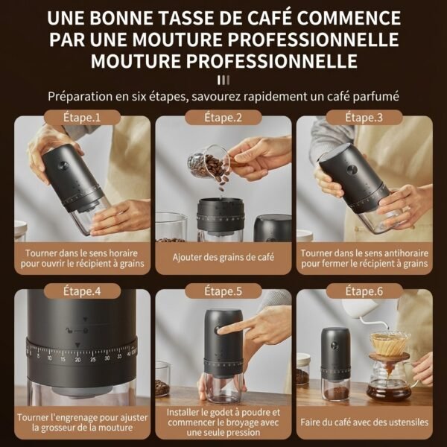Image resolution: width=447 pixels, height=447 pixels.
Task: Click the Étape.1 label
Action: (x=82, y=117)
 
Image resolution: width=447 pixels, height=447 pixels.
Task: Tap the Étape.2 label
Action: (x=223, y=117)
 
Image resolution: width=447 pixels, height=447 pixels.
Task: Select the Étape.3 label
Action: (x=364, y=117)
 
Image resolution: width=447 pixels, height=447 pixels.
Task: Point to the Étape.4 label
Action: (x=82, y=291)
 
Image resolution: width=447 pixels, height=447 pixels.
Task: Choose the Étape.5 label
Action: (x=223, y=291)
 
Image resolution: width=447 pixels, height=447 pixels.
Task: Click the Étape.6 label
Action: (x=364, y=291)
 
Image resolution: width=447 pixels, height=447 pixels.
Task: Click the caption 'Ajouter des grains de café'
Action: (x=223, y=259)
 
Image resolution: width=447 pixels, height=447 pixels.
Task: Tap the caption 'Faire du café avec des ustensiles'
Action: (x=364, y=422)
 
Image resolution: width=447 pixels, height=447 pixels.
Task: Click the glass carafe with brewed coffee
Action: (x=388, y=384)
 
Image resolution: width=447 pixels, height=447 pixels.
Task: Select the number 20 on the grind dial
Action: (x=77, y=359)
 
